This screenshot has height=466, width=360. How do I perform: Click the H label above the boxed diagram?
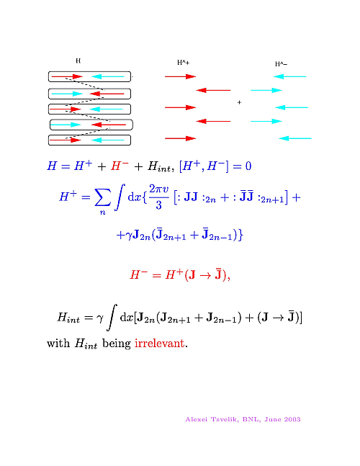78,61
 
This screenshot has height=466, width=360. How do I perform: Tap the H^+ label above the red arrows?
184,63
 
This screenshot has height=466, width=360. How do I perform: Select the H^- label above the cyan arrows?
281,64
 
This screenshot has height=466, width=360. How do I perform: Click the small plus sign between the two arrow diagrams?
240,102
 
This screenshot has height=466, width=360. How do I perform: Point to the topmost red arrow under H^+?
180,76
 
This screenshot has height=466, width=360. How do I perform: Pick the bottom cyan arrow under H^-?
295,138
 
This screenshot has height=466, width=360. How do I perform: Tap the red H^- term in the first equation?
120,166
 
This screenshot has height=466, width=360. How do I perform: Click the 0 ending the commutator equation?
248,166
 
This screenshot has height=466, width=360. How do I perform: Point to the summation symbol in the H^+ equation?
103,197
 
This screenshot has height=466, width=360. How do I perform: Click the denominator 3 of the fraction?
158,205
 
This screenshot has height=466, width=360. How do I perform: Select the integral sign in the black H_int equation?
112,317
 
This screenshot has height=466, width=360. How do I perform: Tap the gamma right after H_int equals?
100,318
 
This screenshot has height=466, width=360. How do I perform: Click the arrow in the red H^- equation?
205,276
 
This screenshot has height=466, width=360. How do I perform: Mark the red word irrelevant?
160,344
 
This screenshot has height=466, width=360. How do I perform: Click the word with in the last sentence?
58,344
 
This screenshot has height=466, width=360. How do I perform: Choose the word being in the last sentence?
117,344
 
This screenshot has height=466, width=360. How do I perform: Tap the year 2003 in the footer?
292,419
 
